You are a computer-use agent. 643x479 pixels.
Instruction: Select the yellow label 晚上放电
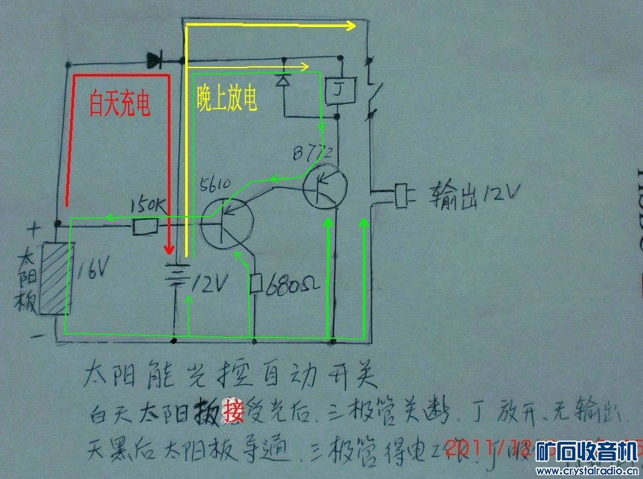tap(227, 98)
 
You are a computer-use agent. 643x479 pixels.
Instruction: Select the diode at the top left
tap(154, 61)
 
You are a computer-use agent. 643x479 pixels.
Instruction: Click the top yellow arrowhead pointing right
tap(350, 26)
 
